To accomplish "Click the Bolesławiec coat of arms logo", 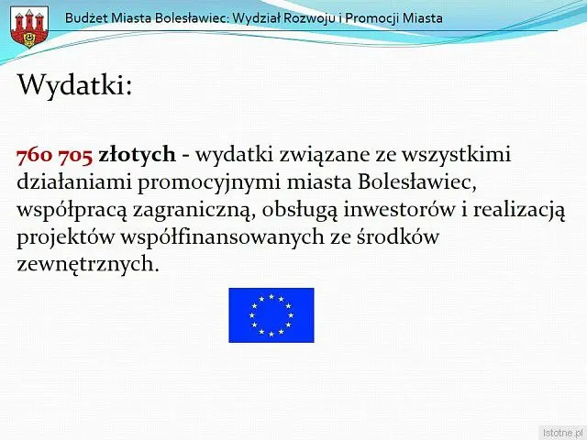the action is pyautogui.click(x=29, y=27).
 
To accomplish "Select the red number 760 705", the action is pyautogui.click(x=55, y=155).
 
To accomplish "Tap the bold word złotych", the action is pyautogui.click(x=137, y=155).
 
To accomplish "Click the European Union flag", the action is pyautogui.click(x=271, y=315).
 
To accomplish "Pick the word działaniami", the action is pyautogui.click(x=74, y=181).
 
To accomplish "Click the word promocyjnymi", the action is pyautogui.click(x=209, y=183).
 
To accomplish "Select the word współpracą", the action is pyautogui.click(x=72, y=211).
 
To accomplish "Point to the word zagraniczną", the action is pyautogui.click(x=194, y=211).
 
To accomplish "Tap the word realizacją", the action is pyautogui.click(x=519, y=211).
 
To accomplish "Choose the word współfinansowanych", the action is pyautogui.click(x=222, y=236).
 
